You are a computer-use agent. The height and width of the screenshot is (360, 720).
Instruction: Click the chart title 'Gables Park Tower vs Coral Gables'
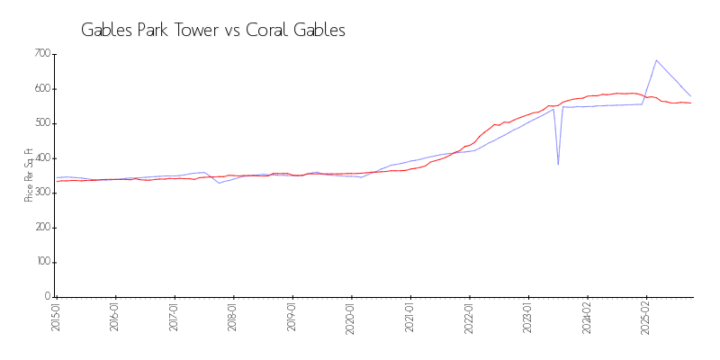click(213, 30)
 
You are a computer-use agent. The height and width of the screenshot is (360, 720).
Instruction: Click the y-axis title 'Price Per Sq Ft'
click(30, 175)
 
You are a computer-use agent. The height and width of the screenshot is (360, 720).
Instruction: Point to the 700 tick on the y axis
click(42, 54)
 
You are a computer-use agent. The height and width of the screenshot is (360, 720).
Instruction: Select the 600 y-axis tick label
click(42, 89)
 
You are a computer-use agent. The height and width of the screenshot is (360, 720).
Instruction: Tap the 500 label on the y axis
click(42, 123)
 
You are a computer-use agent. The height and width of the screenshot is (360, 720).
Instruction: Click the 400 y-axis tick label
click(42, 157)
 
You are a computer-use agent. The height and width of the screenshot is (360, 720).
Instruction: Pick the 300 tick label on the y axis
click(42, 193)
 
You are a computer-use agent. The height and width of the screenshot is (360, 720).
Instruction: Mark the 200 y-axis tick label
click(42, 227)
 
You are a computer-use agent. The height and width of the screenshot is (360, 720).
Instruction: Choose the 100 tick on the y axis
click(42, 262)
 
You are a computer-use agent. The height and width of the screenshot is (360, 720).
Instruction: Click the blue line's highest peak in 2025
click(656, 60)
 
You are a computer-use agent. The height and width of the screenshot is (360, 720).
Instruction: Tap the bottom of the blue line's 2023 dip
click(558, 164)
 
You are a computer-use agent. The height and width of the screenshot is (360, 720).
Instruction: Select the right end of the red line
click(690, 103)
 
